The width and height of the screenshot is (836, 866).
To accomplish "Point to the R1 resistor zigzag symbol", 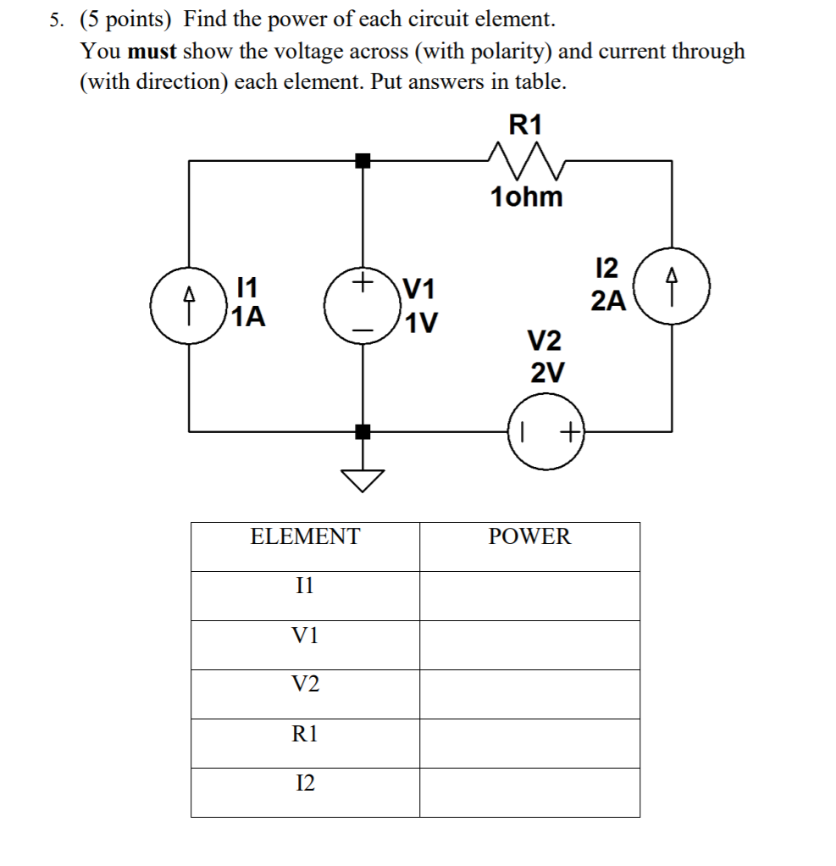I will [x=525, y=158].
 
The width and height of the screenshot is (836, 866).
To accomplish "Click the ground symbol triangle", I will [x=363, y=480].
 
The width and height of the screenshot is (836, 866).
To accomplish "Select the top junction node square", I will [x=363, y=160].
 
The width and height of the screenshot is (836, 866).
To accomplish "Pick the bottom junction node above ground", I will [x=363, y=432].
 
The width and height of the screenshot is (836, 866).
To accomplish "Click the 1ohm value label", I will [x=526, y=197].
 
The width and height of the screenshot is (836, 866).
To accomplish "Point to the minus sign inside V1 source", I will [x=363, y=327].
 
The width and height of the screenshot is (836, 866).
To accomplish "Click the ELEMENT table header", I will [x=305, y=536].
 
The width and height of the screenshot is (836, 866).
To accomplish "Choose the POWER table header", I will [x=529, y=536].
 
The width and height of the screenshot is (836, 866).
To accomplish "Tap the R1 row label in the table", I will [x=305, y=734].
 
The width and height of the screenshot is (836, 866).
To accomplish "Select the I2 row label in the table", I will [x=305, y=784].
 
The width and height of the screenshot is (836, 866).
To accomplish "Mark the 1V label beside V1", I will [x=421, y=324].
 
